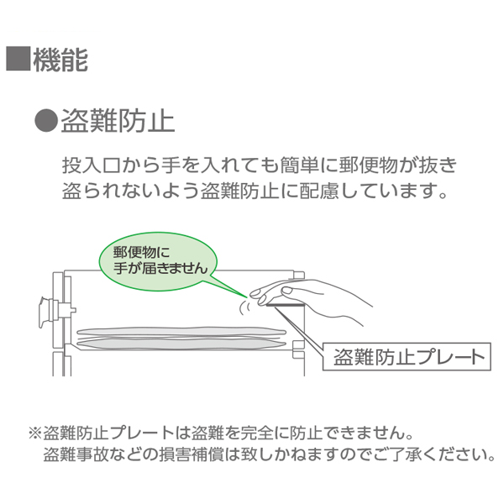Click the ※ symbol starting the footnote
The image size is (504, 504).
pyautogui.click(x=34, y=435)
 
